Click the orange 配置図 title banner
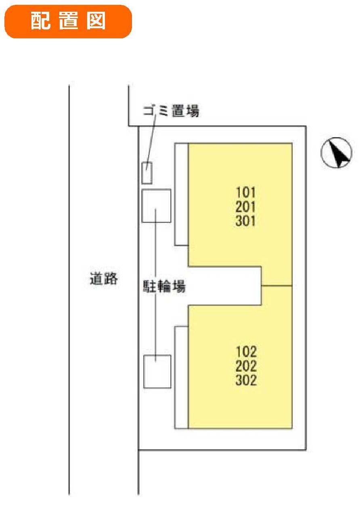coord(68,22)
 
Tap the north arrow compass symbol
coord(336,153)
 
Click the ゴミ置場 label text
coord(171,111)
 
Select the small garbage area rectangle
coord(147,173)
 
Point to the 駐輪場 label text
coord(164,286)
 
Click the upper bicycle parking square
coord(156,206)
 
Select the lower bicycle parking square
coord(157,371)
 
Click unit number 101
coord(246,192)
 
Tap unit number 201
coord(246,207)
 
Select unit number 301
coord(246,221)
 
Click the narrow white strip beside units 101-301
coord(182,194)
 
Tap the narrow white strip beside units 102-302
coord(182,377)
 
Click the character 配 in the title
coord(40,21)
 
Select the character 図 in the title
coord(96,21)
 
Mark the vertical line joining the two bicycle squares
coord(155,285)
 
